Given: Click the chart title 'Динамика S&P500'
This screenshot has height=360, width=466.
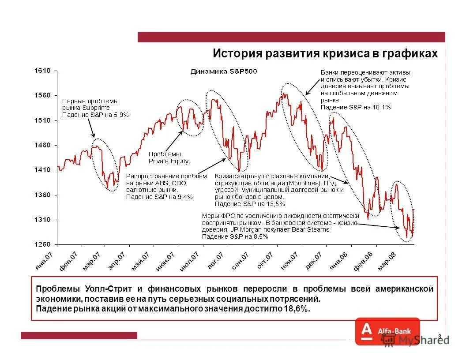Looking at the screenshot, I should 223,71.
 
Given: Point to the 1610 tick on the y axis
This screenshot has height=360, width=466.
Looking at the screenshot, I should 43,70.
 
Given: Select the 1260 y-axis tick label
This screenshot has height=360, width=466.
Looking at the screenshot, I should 43,244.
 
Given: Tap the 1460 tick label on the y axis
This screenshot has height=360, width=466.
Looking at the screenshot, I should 43,145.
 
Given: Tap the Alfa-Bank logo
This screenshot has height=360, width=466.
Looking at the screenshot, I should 387,331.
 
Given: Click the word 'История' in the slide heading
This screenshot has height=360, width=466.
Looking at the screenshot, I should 237,54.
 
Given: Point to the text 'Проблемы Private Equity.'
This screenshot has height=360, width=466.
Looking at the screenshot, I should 169,157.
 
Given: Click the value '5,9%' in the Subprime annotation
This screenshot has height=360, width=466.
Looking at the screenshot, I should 120,115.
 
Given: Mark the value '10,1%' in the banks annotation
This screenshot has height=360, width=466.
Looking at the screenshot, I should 382,107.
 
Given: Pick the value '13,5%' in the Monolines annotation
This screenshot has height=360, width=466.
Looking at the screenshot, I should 276,204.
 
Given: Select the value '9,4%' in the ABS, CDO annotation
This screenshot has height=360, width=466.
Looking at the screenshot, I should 184,197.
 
